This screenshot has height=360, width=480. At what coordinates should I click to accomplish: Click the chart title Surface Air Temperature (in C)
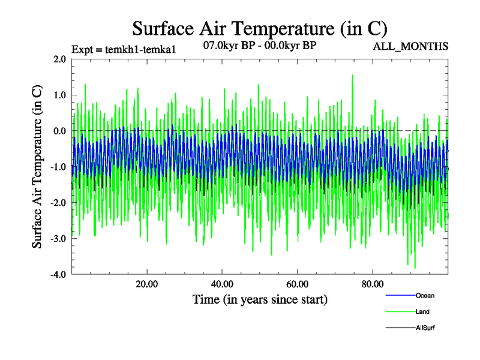pos(260,28)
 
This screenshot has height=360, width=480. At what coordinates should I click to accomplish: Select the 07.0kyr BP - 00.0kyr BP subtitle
pos(260,45)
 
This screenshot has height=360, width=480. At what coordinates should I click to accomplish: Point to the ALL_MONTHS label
pos(410,46)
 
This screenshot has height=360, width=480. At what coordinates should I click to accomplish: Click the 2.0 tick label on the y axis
pos(59,59)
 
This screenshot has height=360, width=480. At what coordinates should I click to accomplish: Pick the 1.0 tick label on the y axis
pos(59,95)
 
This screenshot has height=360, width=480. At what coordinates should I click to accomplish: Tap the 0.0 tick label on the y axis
pos(59,131)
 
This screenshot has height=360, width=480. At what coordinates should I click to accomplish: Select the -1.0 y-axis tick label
pos(58,167)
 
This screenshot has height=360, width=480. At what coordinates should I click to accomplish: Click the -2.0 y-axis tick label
pos(58,203)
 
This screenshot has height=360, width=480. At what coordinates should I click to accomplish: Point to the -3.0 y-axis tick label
pos(58,239)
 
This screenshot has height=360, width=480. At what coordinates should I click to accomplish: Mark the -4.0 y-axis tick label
pos(58,275)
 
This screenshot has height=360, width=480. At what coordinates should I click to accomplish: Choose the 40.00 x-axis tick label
pos(222,284)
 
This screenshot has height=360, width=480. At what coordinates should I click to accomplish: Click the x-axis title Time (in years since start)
pos(260,299)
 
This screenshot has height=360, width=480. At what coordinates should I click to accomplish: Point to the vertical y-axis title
pos(37,167)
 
